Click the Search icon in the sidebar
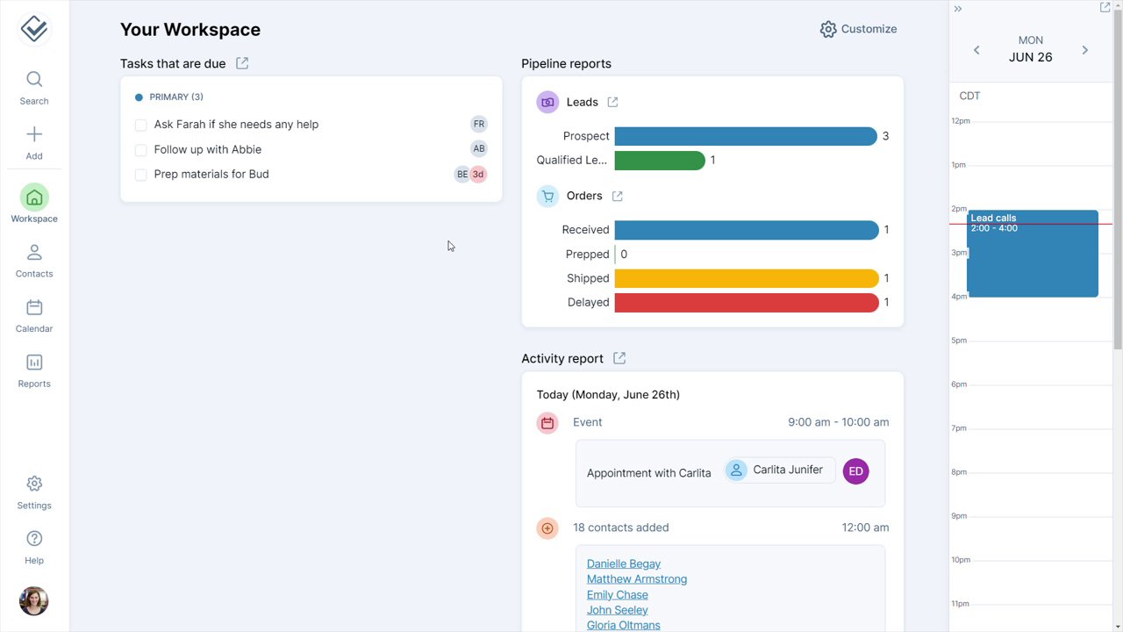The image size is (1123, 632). [x=34, y=80]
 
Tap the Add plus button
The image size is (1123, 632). [x=34, y=135]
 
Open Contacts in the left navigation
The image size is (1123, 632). [x=34, y=261]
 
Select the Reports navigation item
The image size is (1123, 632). [x=34, y=370]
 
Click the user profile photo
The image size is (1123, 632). [x=34, y=601]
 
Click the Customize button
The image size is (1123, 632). [x=858, y=29]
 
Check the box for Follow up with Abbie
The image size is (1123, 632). [x=140, y=150]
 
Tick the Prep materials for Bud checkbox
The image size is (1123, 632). [x=140, y=175]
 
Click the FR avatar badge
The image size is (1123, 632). [x=478, y=125]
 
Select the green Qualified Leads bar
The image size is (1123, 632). [x=660, y=161]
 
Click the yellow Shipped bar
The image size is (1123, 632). [x=746, y=278]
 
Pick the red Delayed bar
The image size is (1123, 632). [x=746, y=303]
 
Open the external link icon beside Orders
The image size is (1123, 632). [x=618, y=197]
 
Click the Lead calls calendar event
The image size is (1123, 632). [x=1033, y=255]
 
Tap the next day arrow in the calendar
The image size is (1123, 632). [x=1085, y=50]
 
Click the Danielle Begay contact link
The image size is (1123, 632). [x=624, y=564]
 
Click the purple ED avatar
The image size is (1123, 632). [x=855, y=471]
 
